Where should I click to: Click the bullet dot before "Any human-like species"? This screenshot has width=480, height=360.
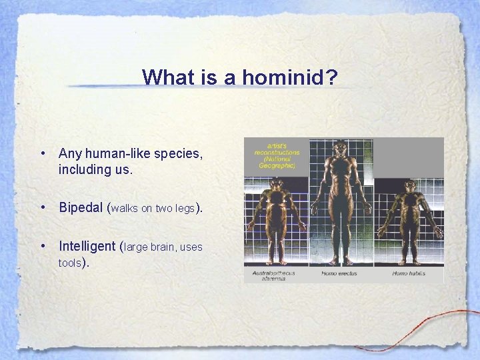coord(42,154)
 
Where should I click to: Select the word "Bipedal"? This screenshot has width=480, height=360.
coord(81,207)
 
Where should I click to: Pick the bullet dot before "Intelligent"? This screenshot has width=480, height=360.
coord(42,246)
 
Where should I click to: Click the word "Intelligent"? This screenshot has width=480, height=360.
coord(87,246)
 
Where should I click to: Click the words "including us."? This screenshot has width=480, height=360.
coord(96,170)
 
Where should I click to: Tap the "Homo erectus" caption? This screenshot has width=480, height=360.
coord(339,273)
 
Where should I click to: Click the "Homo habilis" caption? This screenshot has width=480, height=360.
coord(409,273)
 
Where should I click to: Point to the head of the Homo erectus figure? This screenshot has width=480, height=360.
coord(341,147)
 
